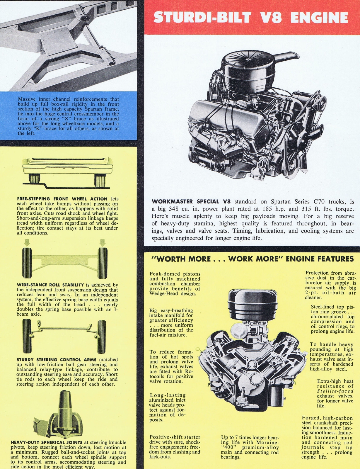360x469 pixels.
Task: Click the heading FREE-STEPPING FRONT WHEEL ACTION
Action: [62, 199]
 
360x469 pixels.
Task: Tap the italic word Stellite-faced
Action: [335, 391]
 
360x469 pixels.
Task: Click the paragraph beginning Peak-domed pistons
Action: [175, 284]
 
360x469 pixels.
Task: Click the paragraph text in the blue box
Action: [68, 116]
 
